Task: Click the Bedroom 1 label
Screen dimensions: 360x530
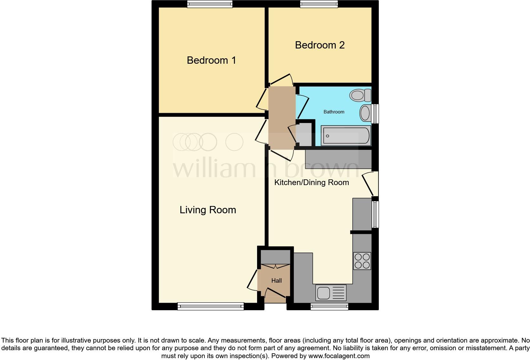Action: pyautogui.click(x=211, y=60)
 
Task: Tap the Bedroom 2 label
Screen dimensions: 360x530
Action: pyautogui.click(x=320, y=45)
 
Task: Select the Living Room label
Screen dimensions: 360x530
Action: pyautogui.click(x=208, y=210)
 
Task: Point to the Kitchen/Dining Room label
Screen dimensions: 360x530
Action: pyautogui.click(x=311, y=183)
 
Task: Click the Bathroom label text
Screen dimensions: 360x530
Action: pyautogui.click(x=334, y=112)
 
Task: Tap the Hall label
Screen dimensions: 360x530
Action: pyautogui.click(x=276, y=280)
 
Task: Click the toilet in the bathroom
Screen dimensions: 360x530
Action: pyautogui.click(x=360, y=95)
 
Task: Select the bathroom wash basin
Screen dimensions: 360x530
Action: pyautogui.click(x=365, y=113)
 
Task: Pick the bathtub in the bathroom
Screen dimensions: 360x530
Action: pyautogui.click(x=346, y=136)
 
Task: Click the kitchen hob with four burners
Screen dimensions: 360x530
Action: pyautogui.click(x=362, y=261)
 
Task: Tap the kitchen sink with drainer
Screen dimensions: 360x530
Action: pyautogui.click(x=331, y=292)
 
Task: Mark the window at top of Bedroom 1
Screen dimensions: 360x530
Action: pyautogui.click(x=210, y=4)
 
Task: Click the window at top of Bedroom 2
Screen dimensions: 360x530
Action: pyautogui.click(x=319, y=4)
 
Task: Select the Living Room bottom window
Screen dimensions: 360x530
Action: pyautogui.click(x=210, y=306)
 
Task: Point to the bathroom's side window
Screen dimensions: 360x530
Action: pyautogui.click(x=375, y=113)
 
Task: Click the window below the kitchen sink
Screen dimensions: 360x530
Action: pyautogui.click(x=329, y=306)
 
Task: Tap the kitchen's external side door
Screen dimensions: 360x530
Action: pyautogui.click(x=370, y=184)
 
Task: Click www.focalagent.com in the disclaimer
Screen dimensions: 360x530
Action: pyautogui.click(x=339, y=356)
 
